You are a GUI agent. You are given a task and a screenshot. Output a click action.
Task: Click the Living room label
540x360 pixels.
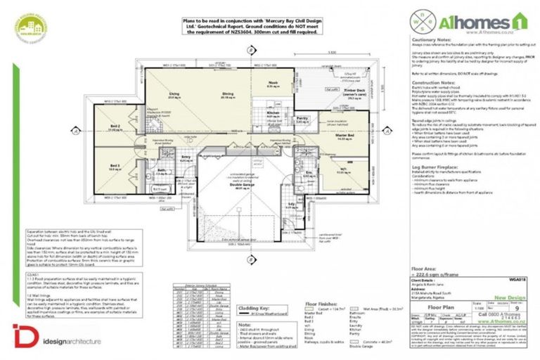coord(174,92)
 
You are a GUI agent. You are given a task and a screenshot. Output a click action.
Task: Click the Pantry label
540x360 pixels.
coord(303,119)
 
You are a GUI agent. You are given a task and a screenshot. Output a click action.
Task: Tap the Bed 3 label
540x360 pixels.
coord(115,167)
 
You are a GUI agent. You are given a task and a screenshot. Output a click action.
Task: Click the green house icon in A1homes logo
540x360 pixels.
coord(518,20)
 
